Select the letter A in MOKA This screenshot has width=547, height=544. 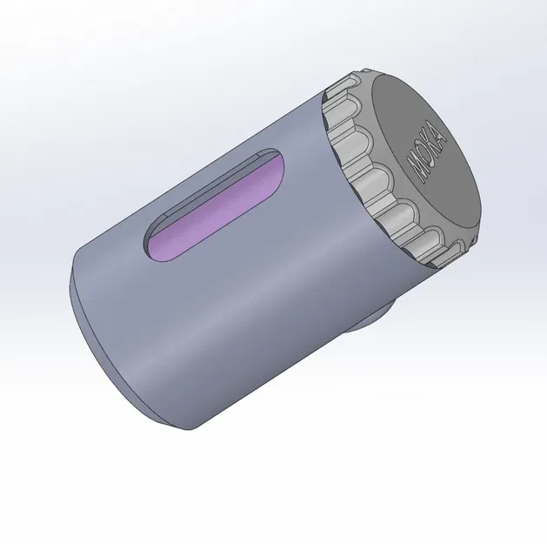(441, 135)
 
